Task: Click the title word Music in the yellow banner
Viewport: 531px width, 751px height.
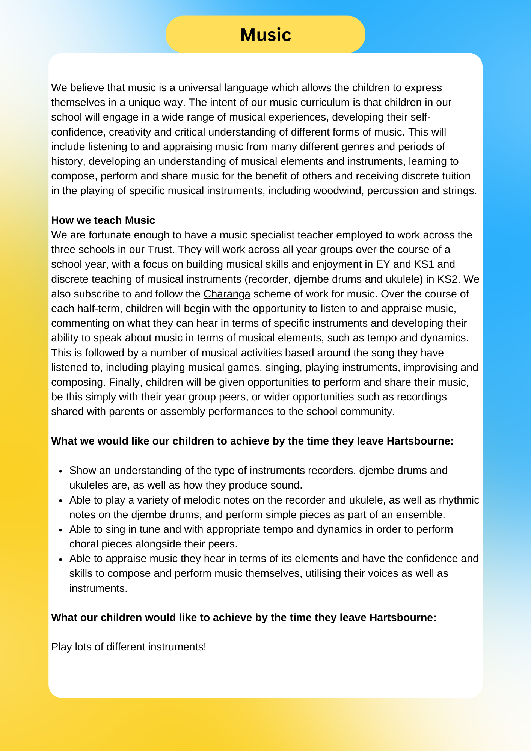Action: (x=265, y=35)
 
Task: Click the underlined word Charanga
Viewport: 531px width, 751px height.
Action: (x=227, y=294)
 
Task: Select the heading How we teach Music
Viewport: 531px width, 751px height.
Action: (x=103, y=220)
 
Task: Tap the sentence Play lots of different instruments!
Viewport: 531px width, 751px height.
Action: (x=128, y=647)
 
